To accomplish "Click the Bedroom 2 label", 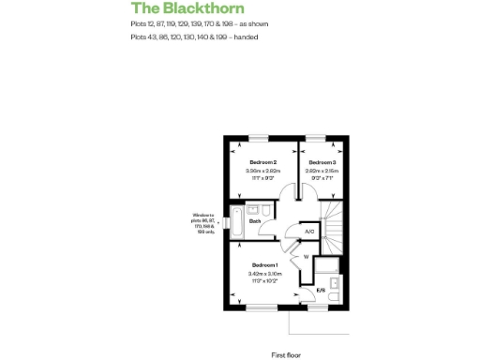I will click(x=262, y=161).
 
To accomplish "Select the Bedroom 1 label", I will click(x=264, y=264).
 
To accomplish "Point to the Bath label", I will click(x=255, y=221).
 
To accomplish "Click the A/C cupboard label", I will click(x=310, y=231).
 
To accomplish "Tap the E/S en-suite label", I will click(x=320, y=291).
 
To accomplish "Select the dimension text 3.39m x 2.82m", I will click(x=262, y=171).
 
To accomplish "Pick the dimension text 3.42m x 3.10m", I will click(x=264, y=274).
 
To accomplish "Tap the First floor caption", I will click(x=285, y=330).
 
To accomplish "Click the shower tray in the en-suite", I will click(x=327, y=267).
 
